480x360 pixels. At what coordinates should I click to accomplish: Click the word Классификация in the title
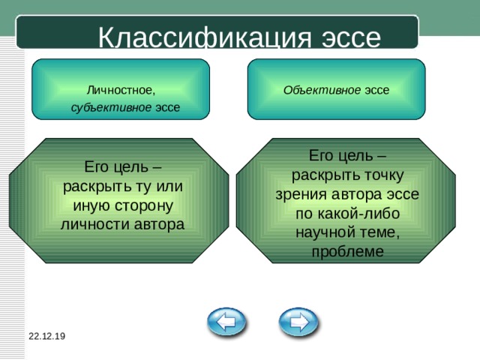[x=205, y=37]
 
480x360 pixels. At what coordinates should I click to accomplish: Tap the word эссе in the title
[x=351, y=38]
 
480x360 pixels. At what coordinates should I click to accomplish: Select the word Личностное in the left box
[x=121, y=90]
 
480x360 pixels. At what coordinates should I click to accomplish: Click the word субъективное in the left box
[x=111, y=107]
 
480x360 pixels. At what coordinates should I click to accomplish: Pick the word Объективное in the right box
[x=322, y=90]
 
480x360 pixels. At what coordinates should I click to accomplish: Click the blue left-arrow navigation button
[x=226, y=322]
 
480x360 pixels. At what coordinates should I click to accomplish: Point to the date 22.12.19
[x=46, y=336]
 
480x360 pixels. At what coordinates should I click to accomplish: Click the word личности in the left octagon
[x=95, y=224]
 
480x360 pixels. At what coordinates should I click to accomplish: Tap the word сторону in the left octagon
[x=144, y=206]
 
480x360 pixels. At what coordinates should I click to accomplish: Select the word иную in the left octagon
[x=92, y=205]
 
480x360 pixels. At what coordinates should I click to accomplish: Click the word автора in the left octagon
[x=159, y=224]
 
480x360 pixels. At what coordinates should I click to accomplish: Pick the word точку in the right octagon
[x=384, y=175]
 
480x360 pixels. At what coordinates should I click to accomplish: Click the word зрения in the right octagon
[x=301, y=195]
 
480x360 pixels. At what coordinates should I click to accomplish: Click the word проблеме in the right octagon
[x=348, y=252]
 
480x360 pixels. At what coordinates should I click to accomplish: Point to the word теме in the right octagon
[x=379, y=232]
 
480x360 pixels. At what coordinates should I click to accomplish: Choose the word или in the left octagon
[x=169, y=187]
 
